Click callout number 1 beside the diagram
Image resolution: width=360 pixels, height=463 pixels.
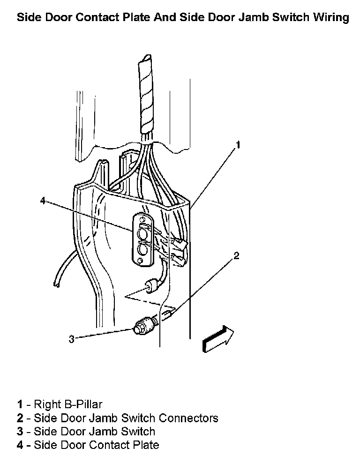click(238, 145)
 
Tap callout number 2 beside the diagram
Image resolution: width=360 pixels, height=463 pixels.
click(236, 255)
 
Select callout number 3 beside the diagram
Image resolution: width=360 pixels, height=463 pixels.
click(71, 339)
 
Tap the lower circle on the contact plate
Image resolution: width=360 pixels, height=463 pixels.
click(141, 249)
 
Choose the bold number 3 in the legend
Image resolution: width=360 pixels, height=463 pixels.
click(20, 431)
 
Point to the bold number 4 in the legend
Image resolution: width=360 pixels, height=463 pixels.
click(20, 445)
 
